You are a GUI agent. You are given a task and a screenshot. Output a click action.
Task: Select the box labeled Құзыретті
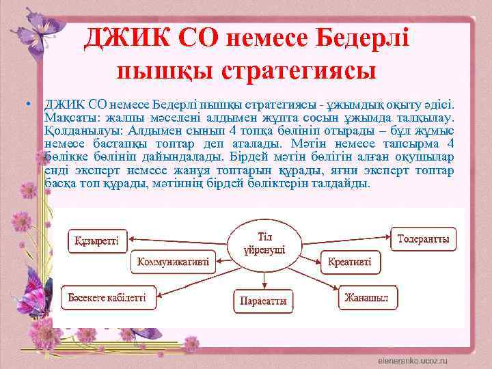point(96,240)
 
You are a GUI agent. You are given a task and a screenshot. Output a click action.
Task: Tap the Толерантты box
point(423,239)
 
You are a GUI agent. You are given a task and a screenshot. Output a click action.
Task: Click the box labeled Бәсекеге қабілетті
point(107,298)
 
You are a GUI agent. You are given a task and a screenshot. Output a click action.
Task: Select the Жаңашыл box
point(367,298)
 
